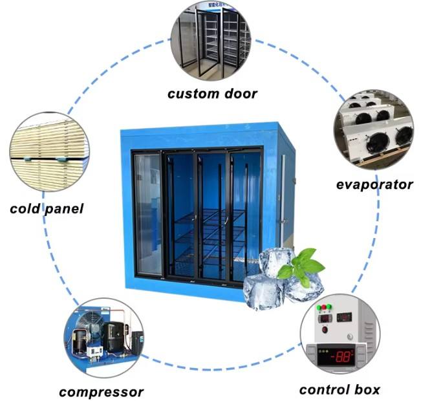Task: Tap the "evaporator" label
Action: [x=374, y=185]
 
